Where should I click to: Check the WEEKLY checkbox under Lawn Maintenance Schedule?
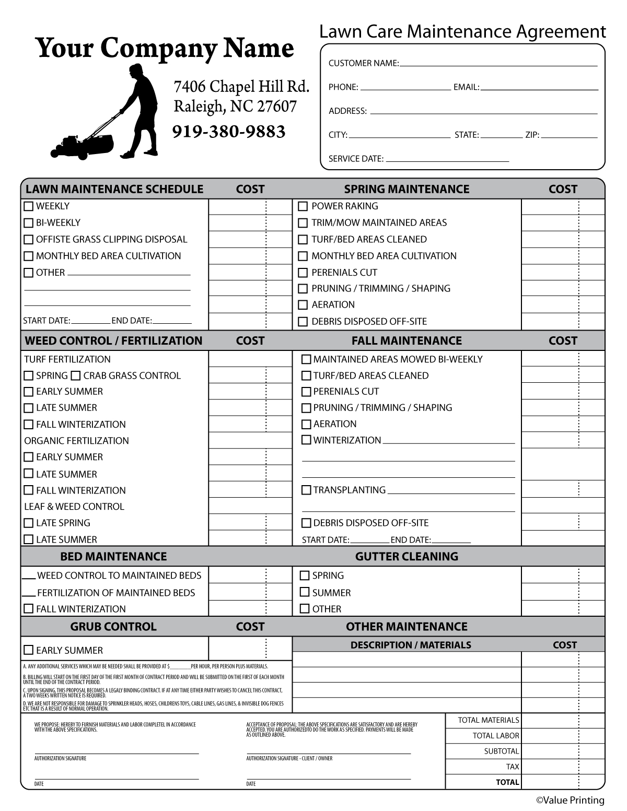(29, 206)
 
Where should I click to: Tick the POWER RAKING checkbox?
(303, 206)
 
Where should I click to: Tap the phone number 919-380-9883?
(229, 132)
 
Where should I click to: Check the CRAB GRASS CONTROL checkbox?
(75, 375)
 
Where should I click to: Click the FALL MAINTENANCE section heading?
(407, 340)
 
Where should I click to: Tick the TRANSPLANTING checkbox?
(306, 490)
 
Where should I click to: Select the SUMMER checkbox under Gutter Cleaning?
(305, 592)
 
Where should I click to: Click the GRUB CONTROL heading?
(113, 626)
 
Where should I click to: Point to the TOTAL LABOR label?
(495, 736)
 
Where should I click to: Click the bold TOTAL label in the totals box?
(507, 782)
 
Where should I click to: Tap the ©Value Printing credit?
(570, 800)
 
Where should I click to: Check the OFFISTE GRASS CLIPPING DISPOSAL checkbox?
(29, 240)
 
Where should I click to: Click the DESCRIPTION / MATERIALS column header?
(411, 645)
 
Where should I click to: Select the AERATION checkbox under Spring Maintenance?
(303, 305)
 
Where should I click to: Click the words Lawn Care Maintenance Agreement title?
(462, 32)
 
